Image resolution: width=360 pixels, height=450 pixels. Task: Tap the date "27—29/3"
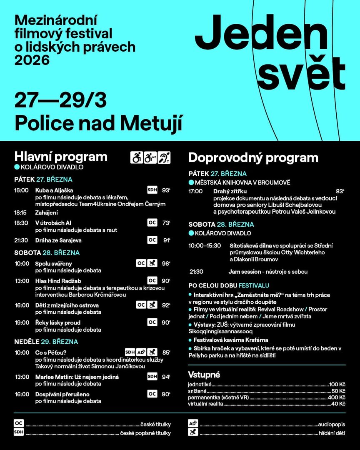tap(60, 100)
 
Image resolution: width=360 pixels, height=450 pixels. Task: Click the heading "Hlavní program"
tap(61, 157)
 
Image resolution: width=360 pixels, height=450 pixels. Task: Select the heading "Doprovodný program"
tap(253, 158)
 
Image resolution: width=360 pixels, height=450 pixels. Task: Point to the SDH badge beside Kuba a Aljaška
tap(152, 190)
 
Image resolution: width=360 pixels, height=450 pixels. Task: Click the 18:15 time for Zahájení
tap(20, 212)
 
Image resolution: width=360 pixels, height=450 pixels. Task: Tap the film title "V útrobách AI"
tap(53, 223)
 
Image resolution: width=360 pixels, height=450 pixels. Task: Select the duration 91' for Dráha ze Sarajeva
tap(166, 240)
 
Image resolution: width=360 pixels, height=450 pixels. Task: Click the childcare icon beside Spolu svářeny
tap(152, 263)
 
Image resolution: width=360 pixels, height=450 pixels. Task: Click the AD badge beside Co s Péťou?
tap(141, 352)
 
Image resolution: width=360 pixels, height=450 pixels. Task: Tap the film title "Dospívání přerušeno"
tap(62, 394)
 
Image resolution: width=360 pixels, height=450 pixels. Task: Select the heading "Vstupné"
tap(204, 374)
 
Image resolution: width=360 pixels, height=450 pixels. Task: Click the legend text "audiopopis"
tap(332, 424)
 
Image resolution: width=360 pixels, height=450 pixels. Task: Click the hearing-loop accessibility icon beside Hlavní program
tap(164, 157)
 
